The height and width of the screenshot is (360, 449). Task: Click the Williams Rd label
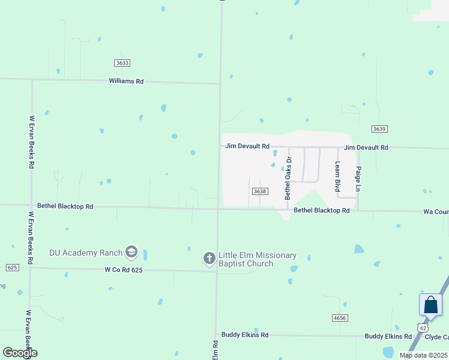pos(126,81)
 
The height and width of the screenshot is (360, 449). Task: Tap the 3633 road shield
pos(122,63)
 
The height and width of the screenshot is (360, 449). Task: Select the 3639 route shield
pos(379,129)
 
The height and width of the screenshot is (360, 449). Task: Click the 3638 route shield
pos(259,191)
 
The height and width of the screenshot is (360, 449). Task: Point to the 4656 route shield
pos(339,317)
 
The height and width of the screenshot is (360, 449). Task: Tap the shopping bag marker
pos(431,305)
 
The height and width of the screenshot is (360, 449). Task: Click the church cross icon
pos(209,259)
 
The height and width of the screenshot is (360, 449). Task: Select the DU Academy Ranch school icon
pos(131,253)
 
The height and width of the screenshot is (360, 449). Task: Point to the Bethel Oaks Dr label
pos(288,178)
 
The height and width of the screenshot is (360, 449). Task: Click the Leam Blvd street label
pos(338,176)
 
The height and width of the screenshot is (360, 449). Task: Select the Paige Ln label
pos(358,179)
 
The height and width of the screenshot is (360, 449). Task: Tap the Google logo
pos(20,352)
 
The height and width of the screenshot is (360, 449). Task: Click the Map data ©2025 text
pos(423,355)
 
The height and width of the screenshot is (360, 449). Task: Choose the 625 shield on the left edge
pos(11,267)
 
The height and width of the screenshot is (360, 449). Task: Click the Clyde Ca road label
pos(436,337)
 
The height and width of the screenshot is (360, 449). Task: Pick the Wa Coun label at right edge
pos(436,212)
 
